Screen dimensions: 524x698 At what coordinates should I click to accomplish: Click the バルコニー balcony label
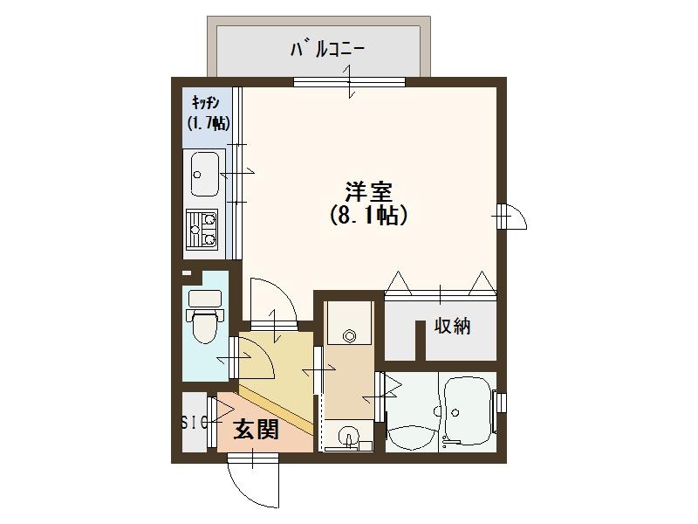[x=326, y=50]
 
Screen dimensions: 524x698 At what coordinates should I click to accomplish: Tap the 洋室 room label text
[x=366, y=191]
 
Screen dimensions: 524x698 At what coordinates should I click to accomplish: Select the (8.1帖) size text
[x=367, y=215]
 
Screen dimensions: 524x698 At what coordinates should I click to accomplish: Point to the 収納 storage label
[x=453, y=327]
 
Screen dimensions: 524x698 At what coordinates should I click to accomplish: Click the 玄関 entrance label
[x=256, y=429]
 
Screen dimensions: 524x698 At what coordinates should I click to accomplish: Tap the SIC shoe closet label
[x=194, y=423]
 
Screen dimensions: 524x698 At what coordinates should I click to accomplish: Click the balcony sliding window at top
[x=349, y=83]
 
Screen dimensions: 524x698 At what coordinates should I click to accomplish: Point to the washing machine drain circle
[x=350, y=334]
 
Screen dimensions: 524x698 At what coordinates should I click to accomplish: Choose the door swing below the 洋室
[x=272, y=300]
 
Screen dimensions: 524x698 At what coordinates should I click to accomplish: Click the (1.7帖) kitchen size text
[x=209, y=123]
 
